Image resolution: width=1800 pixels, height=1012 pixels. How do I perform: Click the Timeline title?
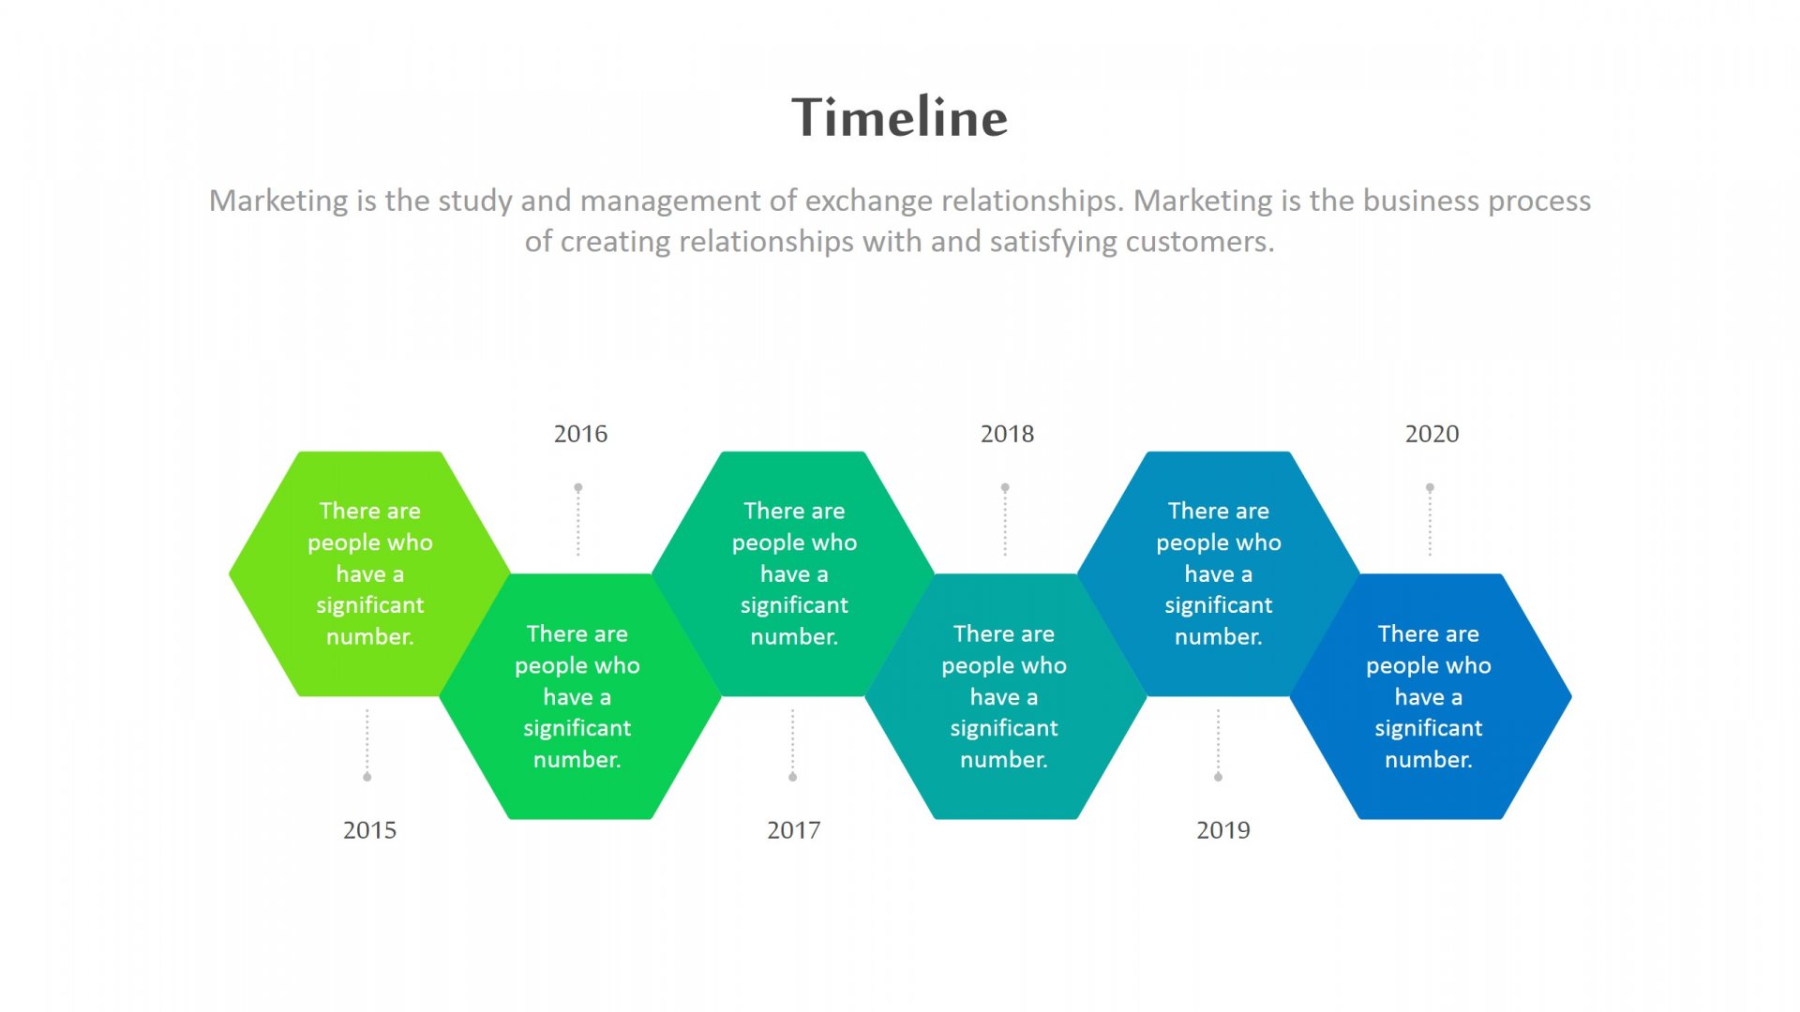click(899, 117)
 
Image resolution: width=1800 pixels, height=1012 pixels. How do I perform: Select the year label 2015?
click(369, 830)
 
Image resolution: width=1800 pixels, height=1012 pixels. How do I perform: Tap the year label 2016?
click(580, 434)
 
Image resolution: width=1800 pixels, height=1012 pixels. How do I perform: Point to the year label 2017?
click(793, 830)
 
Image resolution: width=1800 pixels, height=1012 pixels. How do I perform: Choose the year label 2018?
click(1007, 434)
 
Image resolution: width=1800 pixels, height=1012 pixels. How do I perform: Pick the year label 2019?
click(1222, 830)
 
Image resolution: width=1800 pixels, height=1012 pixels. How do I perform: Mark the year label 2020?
click(1432, 434)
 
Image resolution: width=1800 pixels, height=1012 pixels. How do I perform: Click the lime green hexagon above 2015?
click(369, 573)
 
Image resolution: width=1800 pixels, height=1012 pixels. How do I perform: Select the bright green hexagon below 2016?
click(579, 696)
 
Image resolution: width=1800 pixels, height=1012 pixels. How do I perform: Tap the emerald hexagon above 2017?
click(793, 573)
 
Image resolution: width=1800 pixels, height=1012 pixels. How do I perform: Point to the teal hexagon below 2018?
click(1005, 696)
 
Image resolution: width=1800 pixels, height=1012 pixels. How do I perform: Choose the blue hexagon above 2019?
click(1218, 573)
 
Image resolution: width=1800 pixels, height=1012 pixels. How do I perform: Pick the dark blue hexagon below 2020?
click(1431, 696)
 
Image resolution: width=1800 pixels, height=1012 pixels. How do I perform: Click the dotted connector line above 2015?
click(367, 741)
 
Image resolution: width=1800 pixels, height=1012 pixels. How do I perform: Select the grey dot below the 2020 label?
click(1430, 488)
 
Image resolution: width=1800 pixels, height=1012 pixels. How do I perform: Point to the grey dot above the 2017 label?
click(793, 777)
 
